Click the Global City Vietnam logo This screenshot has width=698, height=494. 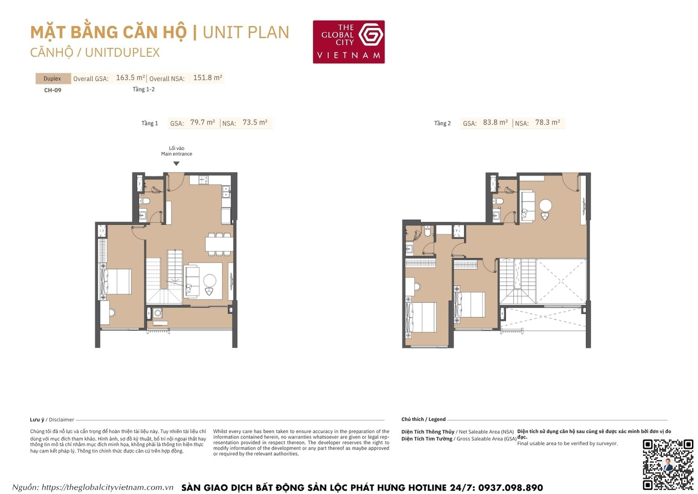tap(349, 41)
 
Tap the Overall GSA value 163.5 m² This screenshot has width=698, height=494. tap(130, 78)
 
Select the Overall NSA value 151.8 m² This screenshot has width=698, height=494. tap(208, 78)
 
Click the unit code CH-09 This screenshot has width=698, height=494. tap(53, 90)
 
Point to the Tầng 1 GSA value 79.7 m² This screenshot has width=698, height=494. tap(202, 122)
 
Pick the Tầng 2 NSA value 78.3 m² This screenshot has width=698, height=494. tap(547, 122)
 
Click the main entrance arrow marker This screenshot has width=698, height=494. tap(176, 164)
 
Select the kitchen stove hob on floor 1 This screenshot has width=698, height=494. tap(203, 179)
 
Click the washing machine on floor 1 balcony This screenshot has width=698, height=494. tap(158, 313)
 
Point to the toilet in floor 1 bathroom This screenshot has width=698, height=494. tap(145, 201)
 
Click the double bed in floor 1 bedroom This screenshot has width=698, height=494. tap(116, 281)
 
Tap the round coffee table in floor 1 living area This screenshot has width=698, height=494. tap(210, 280)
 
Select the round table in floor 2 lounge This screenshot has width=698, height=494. tap(545, 206)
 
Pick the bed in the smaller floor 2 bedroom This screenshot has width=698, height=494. tap(471, 304)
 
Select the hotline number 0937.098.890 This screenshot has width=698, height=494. tap(510, 487)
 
